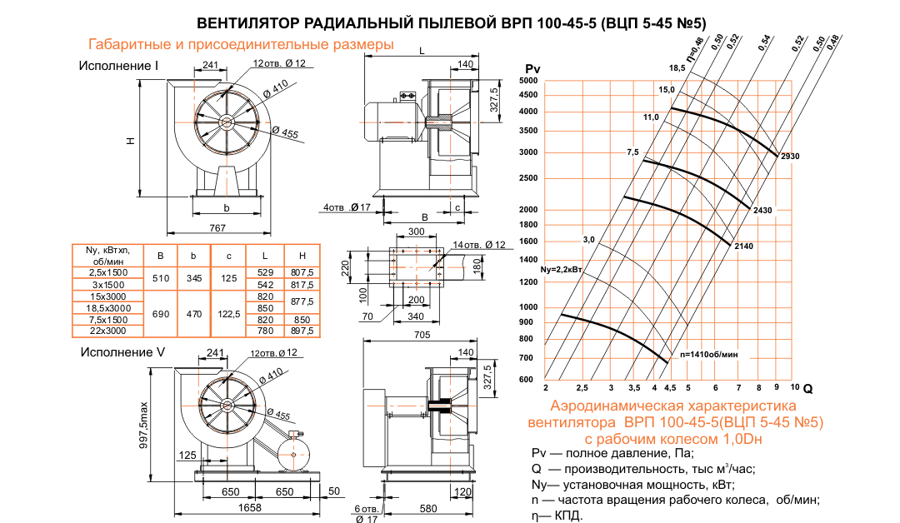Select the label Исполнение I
(119, 65)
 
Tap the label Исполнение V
(122, 352)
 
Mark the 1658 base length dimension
(248, 507)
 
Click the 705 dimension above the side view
(423, 337)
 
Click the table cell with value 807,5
(302, 272)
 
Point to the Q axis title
(807, 388)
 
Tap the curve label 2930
(790, 156)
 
